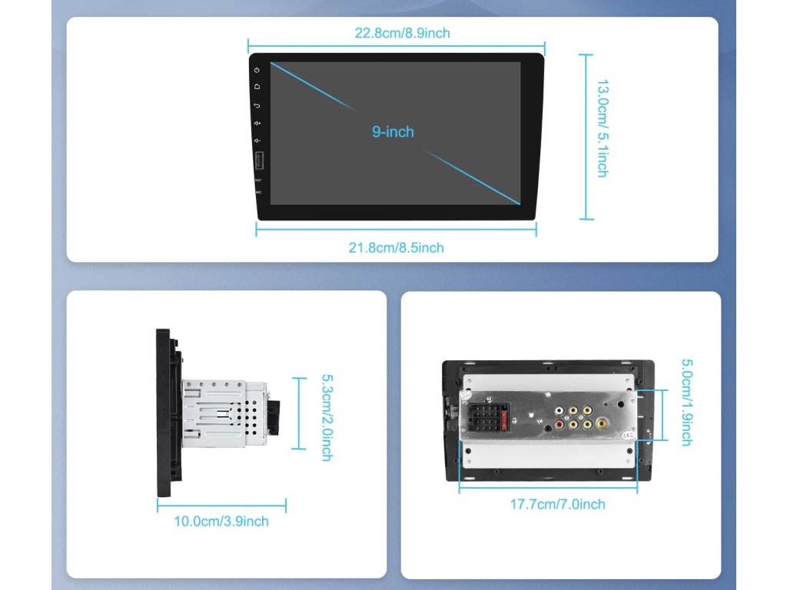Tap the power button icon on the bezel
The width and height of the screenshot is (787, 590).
257,70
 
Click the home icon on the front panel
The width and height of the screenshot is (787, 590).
257,87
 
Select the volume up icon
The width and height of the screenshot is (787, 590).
257,123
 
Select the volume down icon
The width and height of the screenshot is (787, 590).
257,141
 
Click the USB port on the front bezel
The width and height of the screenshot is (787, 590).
257,163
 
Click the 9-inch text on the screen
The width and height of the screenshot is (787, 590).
393,132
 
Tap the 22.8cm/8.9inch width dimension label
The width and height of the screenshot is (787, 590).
402,33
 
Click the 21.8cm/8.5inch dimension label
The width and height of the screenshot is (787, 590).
396,247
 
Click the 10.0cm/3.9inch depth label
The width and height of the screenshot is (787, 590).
221,522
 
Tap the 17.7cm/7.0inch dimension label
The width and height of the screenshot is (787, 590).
558,505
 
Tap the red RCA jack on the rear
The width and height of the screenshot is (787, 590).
560,424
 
